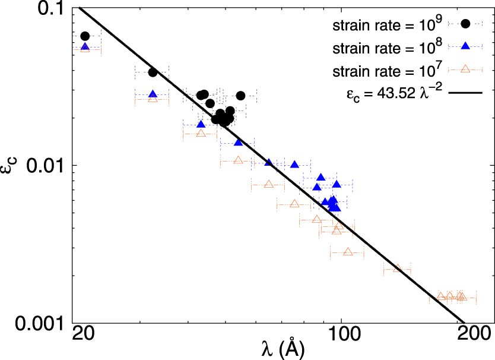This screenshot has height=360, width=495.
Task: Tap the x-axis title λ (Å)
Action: [283, 349]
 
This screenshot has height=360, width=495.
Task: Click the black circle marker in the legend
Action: [466, 24]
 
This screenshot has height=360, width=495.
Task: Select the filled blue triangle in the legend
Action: [466, 46]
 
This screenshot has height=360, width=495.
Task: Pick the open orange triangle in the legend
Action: [466, 70]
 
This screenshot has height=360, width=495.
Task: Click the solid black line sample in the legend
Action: [466, 93]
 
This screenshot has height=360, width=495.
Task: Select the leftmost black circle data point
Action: [85, 36]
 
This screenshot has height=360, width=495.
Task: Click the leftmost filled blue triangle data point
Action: [85, 46]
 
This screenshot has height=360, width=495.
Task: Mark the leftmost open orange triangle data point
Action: [85, 49]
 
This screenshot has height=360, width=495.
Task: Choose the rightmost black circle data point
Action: [240, 96]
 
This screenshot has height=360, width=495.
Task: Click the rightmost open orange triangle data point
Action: [461, 296]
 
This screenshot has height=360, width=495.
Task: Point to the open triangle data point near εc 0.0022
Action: [397, 269]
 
